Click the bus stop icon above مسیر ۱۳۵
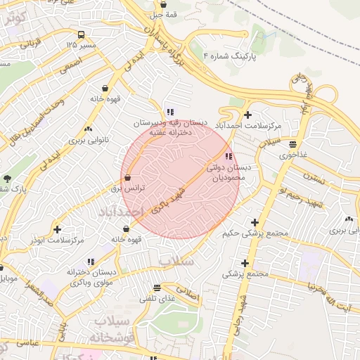82,34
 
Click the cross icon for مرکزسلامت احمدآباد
247,115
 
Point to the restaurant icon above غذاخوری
292,145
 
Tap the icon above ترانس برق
127,178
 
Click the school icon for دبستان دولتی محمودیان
227,156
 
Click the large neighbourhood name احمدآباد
120,212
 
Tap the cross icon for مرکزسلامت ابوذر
57,229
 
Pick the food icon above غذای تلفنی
157,287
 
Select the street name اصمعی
70,65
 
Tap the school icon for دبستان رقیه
170,112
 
